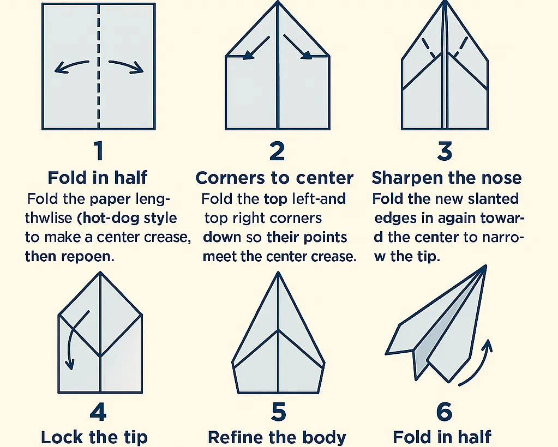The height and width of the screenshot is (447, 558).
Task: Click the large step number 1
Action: coord(98,151)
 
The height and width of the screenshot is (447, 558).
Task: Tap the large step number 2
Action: coord(277,151)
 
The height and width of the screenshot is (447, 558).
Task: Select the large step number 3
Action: coord(445,151)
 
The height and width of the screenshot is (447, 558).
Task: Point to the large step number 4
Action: coord(98,413)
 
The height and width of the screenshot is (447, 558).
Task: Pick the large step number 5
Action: coord(278,413)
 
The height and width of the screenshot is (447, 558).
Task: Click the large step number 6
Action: coord(444,413)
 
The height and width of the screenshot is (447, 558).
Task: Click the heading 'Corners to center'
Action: coord(274,178)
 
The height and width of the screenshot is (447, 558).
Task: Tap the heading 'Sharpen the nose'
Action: coord(446,178)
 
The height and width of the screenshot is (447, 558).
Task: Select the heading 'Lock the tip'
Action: coord(94,437)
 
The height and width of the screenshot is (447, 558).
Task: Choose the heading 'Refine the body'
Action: coord(277,437)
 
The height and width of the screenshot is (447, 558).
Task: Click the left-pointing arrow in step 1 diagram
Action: coord(71,67)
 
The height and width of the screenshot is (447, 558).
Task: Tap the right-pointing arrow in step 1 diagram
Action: coord(126,66)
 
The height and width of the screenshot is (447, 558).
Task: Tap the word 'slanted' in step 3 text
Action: coord(491,198)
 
